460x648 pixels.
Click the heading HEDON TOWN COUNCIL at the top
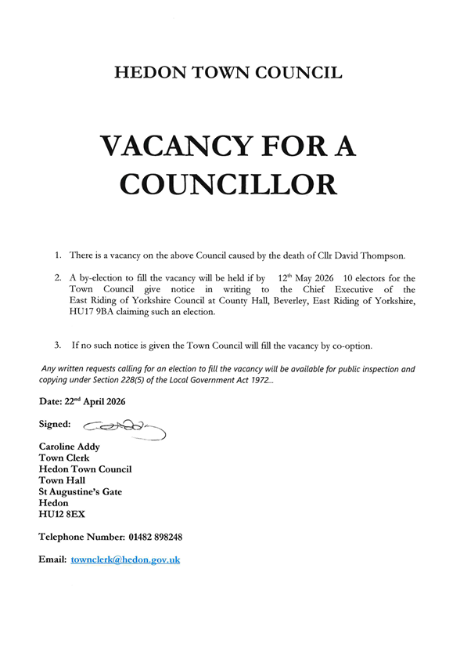pos(228,73)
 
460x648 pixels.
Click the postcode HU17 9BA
pos(95,312)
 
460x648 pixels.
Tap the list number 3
pos(57,345)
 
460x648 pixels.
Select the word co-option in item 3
pos(349,345)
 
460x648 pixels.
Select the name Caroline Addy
pos(69,447)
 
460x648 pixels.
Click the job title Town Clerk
pos(63,458)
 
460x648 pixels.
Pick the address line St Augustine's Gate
pos(80,491)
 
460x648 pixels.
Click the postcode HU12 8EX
pos(62,514)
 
